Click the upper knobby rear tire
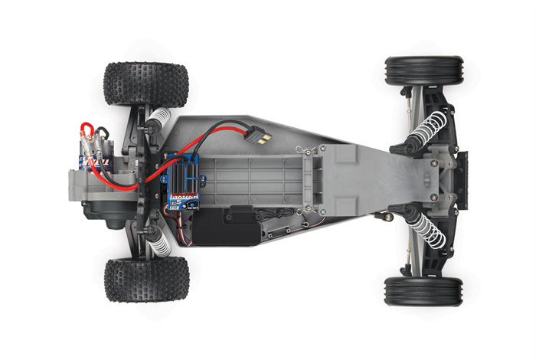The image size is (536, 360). (145, 83)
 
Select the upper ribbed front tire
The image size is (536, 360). (423, 71)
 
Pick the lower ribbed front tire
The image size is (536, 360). (423, 292)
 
